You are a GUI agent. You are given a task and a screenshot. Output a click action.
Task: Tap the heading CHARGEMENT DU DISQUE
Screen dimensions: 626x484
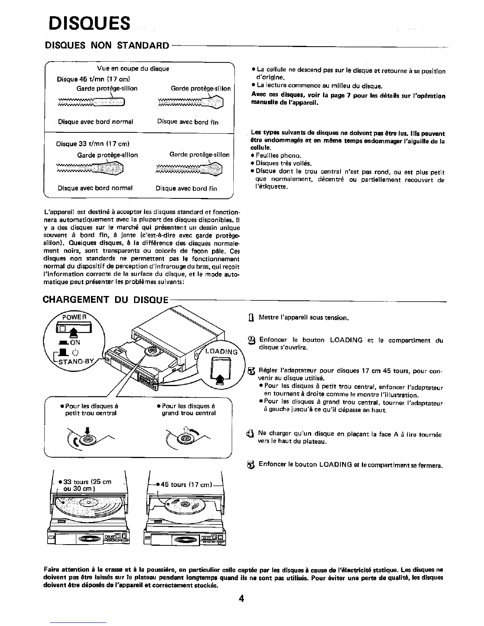(x=106, y=300)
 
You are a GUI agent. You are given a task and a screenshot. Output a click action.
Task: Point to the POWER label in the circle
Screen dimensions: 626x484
(x=75, y=317)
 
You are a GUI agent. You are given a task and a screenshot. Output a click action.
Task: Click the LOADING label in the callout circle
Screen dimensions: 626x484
(x=222, y=352)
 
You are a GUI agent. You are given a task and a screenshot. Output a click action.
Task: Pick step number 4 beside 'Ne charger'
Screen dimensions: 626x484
(x=250, y=435)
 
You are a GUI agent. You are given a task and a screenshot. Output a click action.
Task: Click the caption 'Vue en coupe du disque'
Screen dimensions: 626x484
(x=133, y=69)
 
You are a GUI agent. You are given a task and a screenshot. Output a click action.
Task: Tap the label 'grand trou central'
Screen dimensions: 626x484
(x=189, y=413)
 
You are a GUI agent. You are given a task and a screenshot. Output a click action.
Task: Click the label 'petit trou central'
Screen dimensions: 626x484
(x=91, y=413)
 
